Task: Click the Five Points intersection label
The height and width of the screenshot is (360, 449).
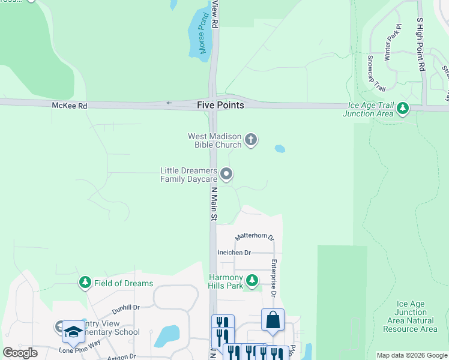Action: tap(220, 105)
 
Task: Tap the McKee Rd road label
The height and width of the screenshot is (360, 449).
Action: tap(69, 106)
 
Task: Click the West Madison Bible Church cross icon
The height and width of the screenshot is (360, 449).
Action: tap(251, 140)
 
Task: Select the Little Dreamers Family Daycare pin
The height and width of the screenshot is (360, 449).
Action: tap(226, 175)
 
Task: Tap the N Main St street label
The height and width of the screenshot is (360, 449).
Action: tap(213, 204)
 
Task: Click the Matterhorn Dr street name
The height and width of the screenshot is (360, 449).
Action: tap(254, 237)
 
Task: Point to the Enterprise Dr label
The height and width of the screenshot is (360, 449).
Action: tap(273, 277)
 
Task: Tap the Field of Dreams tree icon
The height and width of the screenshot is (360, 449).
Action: tap(85, 283)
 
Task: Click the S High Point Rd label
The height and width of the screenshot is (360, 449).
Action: tap(421, 45)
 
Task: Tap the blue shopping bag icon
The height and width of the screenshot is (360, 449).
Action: tap(273, 320)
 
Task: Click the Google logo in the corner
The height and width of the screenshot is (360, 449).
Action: tap(20, 353)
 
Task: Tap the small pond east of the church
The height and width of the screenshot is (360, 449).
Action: tap(280, 148)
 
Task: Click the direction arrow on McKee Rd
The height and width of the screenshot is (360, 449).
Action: tap(169, 103)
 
